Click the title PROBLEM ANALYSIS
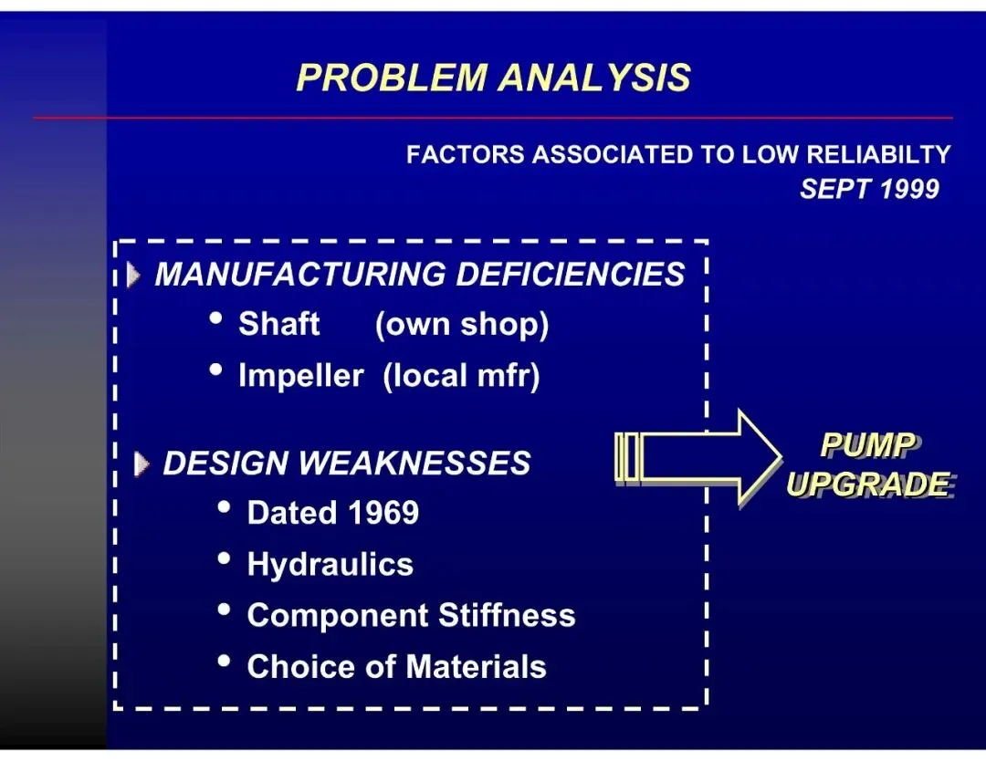pos(493,78)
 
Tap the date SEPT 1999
pos(868,189)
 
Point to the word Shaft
pos(278,324)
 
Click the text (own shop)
pos(461,325)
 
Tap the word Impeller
pos(300,376)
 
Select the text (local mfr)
pos(461,376)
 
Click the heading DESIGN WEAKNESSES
pos(346,464)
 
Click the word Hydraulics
pos(330,565)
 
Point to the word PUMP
pos(867,445)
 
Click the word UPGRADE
pos(867,485)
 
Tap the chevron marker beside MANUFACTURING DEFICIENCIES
pos(135,275)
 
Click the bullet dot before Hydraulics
pos(224,559)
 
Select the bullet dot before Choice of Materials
pos(224,662)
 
